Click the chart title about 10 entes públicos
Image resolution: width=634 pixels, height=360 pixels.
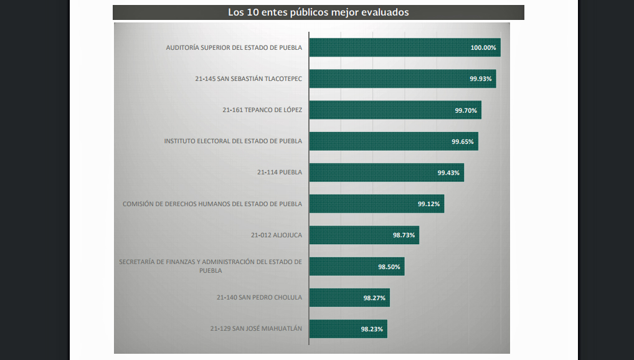(x=318, y=12)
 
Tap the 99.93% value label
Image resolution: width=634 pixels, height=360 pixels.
(x=481, y=79)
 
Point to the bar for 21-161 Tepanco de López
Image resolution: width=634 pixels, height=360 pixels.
(x=380, y=110)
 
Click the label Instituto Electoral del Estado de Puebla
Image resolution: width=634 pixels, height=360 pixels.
(x=233, y=141)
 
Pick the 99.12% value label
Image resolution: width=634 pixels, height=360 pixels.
(x=429, y=204)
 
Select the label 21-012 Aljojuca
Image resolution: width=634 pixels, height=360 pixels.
(x=277, y=235)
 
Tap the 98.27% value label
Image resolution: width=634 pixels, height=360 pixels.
(x=374, y=298)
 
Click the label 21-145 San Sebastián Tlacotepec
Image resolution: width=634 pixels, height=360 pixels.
(x=248, y=79)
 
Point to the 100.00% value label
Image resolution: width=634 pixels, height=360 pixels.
(x=483, y=48)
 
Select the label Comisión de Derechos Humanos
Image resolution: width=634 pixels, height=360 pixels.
(x=212, y=204)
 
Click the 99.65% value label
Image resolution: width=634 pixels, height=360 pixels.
(x=463, y=141)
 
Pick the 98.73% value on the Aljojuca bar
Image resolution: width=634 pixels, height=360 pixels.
(x=404, y=235)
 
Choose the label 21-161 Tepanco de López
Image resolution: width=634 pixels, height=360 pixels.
(x=262, y=110)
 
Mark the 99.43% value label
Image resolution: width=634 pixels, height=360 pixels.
(x=448, y=173)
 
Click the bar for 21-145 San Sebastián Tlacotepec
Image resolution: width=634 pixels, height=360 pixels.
(x=386, y=79)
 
